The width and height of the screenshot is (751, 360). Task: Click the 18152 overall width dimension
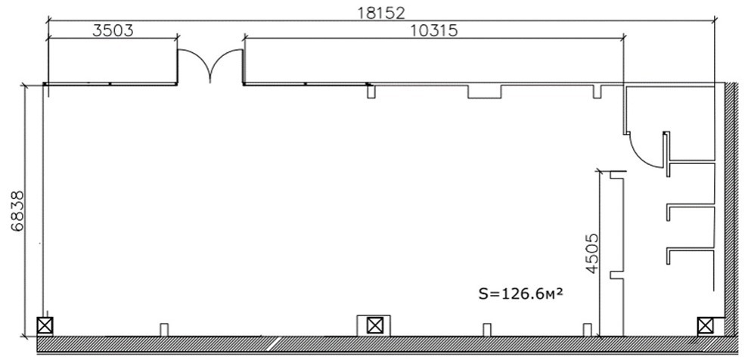click(x=382, y=12)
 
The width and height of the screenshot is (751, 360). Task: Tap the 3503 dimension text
click(x=113, y=31)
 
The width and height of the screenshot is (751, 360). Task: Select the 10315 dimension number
click(x=434, y=31)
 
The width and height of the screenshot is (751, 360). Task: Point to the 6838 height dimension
click(x=17, y=211)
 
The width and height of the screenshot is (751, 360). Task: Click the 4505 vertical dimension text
click(x=592, y=253)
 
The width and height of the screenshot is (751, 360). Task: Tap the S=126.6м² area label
click(x=520, y=293)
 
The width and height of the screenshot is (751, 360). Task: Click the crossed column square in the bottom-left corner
click(x=45, y=326)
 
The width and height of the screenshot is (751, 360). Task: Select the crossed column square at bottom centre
click(x=374, y=326)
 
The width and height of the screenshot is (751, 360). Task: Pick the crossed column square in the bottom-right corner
click(x=705, y=326)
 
